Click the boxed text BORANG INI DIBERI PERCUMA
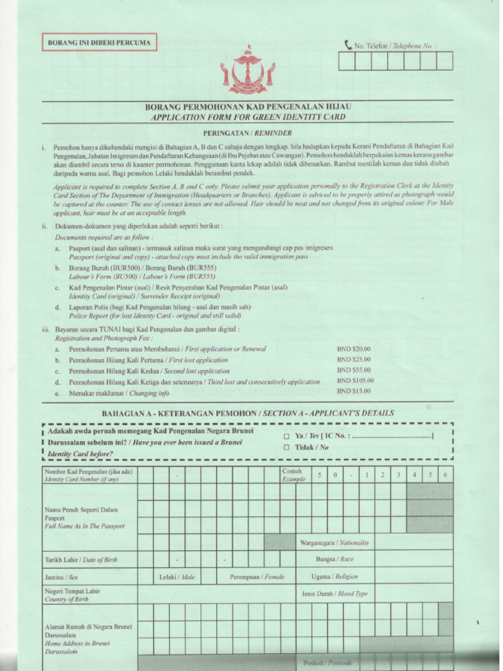pyautogui.click(x=99, y=43)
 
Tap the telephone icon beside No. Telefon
pyautogui.click(x=348, y=45)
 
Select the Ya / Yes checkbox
pyautogui.click(x=286, y=436)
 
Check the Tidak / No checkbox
pyautogui.click(x=286, y=448)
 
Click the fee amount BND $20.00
pyautogui.click(x=354, y=349)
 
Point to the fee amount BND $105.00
pyautogui.click(x=356, y=380)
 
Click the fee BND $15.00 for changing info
pyautogui.click(x=354, y=391)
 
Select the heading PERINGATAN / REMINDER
pyautogui.click(x=247, y=132)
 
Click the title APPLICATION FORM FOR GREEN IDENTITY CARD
pyautogui.click(x=248, y=117)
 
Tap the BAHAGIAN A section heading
pyautogui.click(x=248, y=413)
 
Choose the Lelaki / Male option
pyautogui.click(x=177, y=577)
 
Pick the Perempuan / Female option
pyautogui.click(x=257, y=577)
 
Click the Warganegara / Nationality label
pyautogui.click(x=335, y=543)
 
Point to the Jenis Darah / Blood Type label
pyautogui.click(x=335, y=594)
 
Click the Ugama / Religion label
pyautogui.click(x=335, y=577)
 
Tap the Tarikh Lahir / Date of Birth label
pyautogui.click(x=81, y=560)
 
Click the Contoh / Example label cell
pyautogui.click(x=293, y=475)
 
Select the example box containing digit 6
pyautogui.click(x=445, y=474)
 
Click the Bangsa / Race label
pyautogui.click(x=335, y=560)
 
